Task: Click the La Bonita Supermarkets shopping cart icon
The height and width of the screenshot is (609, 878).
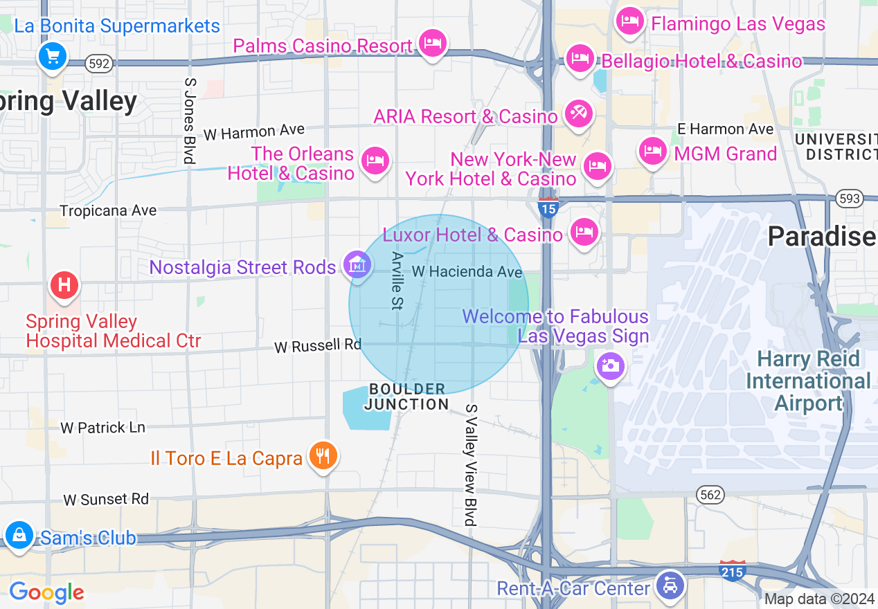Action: (53, 55)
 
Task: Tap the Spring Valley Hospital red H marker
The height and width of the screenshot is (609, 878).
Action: (64, 284)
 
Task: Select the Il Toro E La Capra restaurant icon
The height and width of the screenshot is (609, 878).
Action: (323, 455)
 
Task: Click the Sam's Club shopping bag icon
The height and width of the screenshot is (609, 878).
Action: (19, 535)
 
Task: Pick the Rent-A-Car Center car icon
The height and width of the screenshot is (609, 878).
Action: (670, 585)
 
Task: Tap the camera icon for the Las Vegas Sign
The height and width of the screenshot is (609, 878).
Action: (610, 365)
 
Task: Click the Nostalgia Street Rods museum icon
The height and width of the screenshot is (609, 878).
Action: (357, 265)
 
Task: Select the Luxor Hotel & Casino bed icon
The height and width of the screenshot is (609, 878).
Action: (584, 232)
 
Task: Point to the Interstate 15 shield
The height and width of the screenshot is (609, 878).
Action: (548, 207)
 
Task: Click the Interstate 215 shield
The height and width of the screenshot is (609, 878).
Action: (732, 570)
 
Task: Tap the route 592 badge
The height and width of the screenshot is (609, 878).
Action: (99, 64)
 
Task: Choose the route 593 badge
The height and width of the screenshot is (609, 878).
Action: (849, 199)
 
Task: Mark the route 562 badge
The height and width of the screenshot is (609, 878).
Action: (710, 494)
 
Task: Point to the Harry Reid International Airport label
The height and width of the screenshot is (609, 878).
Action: (808, 381)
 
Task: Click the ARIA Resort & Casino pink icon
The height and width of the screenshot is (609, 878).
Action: (578, 113)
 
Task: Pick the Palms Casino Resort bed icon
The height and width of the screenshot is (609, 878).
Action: (433, 43)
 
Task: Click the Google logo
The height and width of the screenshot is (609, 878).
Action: (46, 592)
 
